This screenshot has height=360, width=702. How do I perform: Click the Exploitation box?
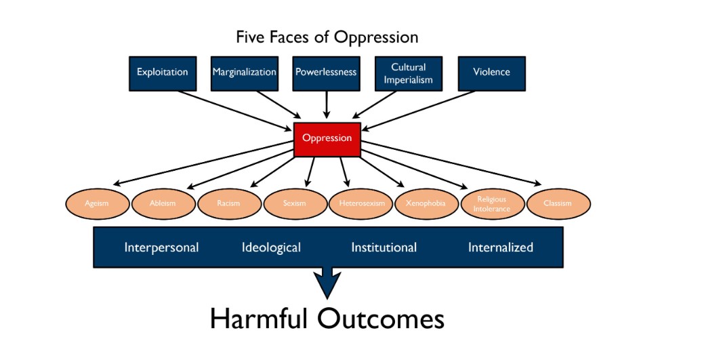tap(162, 72)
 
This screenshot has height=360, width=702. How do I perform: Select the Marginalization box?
tap(245, 72)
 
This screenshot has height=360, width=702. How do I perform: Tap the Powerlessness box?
tap(326, 72)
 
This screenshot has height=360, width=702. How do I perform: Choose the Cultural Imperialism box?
tap(409, 72)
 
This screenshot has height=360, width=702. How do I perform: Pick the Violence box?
tap(491, 72)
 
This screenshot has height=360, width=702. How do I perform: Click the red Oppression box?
tap(327, 139)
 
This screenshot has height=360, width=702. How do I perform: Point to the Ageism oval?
tap(97, 203)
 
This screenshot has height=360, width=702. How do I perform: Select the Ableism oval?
tap(163, 203)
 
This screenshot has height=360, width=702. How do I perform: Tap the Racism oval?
tap(229, 203)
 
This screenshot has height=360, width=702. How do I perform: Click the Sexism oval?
tap(295, 203)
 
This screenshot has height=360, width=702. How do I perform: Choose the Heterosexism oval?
tap(360, 203)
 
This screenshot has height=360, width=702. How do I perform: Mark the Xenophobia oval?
tap(426, 203)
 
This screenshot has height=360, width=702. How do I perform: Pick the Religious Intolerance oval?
tap(491, 203)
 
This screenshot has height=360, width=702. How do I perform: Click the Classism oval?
tap(558, 203)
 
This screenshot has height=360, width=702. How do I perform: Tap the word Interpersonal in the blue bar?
tap(161, 247)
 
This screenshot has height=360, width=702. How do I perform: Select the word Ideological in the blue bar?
tap(271, 247)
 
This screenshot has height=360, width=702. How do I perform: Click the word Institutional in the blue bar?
tap(384, 247)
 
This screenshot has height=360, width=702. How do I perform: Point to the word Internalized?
tap(501, 247)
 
